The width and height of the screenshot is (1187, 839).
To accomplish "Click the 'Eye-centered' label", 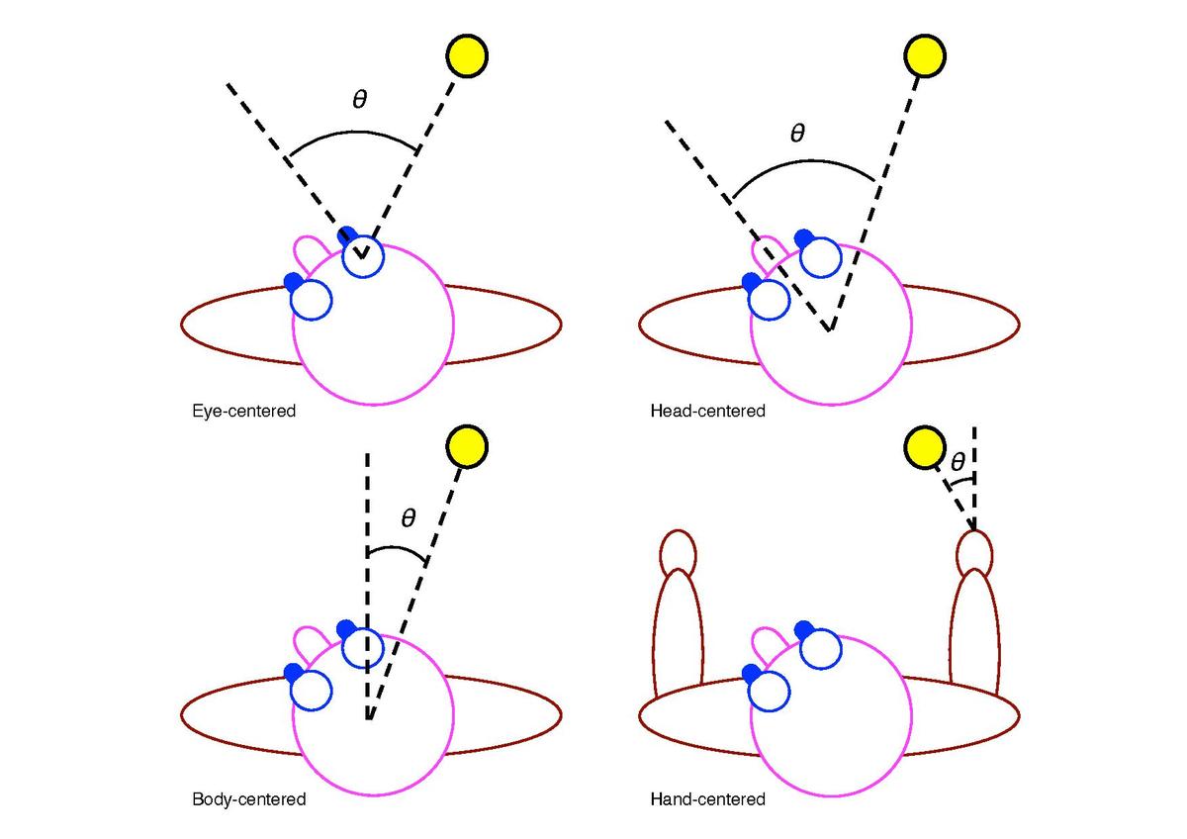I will coord(244,410).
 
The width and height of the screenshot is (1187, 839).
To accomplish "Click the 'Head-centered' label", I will coord(707,410).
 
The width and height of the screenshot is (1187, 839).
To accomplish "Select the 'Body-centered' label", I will coord(249,798).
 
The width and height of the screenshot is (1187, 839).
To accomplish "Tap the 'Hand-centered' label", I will coord(707,798).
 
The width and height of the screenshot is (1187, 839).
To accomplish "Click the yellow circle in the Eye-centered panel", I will coord(468,55).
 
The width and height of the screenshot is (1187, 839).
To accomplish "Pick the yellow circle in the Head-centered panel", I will coord(926,55).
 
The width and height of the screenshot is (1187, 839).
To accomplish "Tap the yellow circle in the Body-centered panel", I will coord(468,446).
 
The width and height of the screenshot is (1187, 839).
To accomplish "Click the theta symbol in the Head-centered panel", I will coord(798,133).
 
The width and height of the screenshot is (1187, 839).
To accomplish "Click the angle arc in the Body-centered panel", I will coord(398,547).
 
